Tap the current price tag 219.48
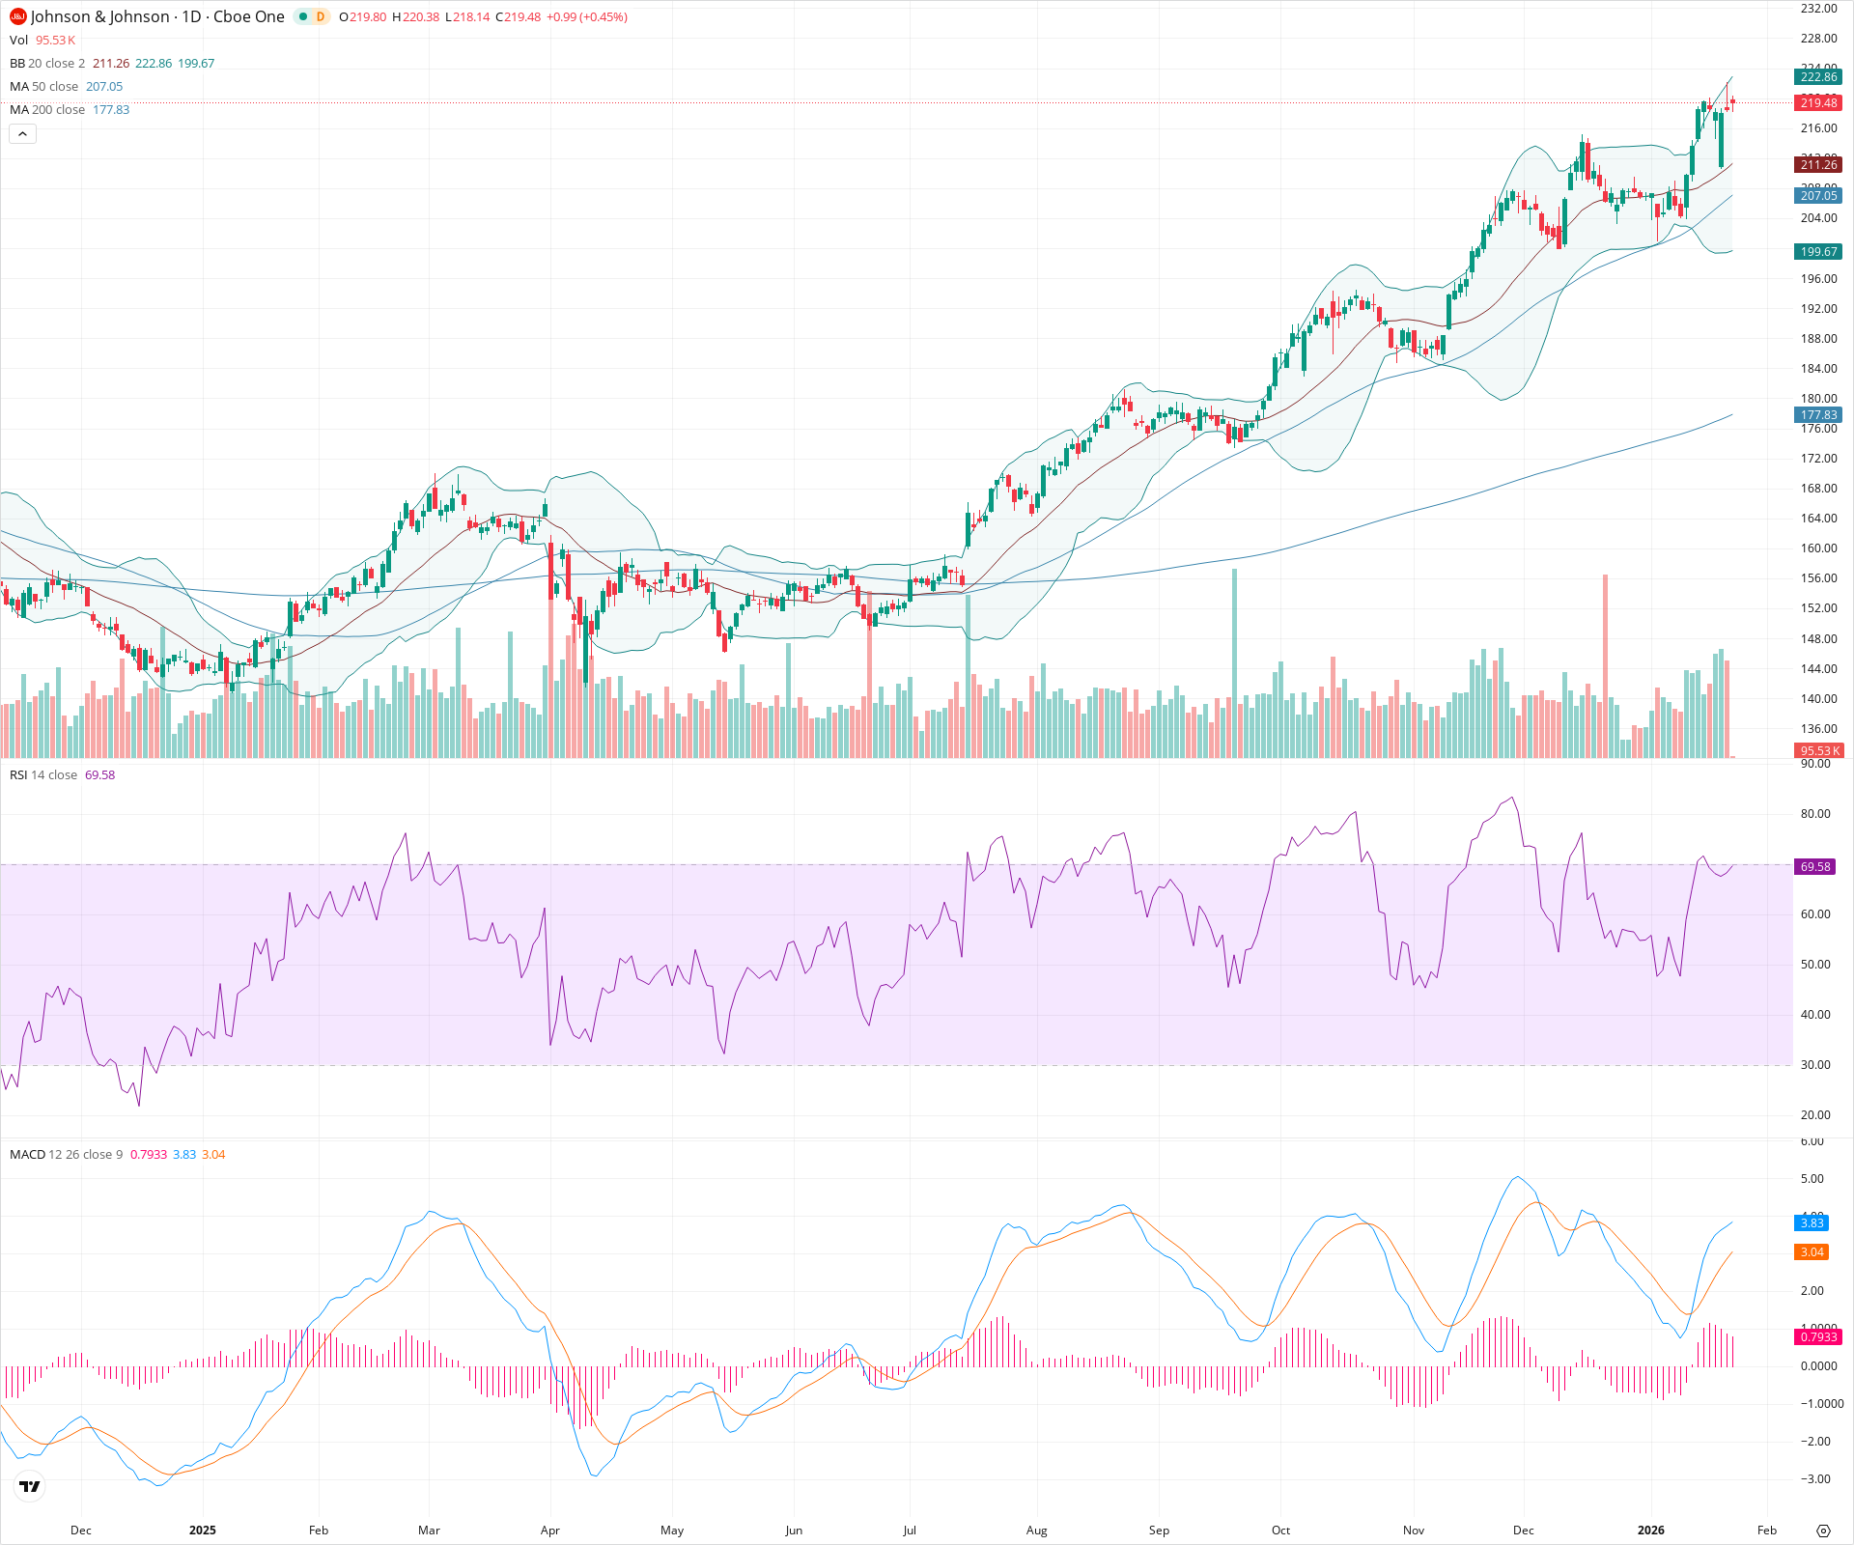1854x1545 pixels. [1817, 103]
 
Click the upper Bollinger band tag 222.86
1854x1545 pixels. [1817, 77]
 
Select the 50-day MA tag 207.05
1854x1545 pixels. [1817, 196]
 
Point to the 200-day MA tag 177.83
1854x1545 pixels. [1817, 415]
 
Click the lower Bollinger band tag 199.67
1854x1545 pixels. [1817, 252]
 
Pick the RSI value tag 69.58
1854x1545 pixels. [1814, 867]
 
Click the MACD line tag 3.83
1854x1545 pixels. [1811, 1223]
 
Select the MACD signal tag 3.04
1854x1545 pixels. [1811, 1252]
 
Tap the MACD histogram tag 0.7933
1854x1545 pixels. [1817, 1337]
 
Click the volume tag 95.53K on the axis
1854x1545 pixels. [1818, 751]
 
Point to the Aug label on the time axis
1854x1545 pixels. [1036, 1531]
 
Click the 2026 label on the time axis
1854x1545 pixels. [1650, 1531]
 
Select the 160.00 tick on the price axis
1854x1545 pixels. [1817, 548]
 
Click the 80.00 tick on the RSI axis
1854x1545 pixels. [1814, 814]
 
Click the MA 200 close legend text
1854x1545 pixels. [47, 110]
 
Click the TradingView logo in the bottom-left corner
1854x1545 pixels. [30, 1486]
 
